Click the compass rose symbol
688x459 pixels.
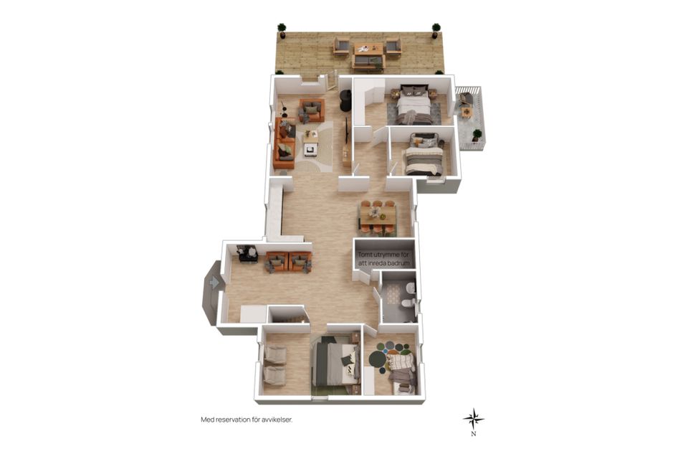click(x=474, y=419)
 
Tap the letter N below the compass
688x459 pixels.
click(x=474, y=434)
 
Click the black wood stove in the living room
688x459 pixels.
click(x=345, y=100)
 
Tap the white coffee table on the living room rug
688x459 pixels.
click(x=310, y=143)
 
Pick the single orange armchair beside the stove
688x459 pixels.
click(x=312, y=110)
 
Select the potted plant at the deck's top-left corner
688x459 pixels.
click(x=282, y=30)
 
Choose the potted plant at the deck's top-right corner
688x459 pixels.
click(x=436, y=30)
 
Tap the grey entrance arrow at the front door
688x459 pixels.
click(x=214, y=282)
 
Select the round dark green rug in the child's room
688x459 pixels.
click(x=377, y=360)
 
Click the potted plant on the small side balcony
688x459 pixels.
click(x=477, y=136)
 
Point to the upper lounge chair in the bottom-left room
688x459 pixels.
click(x=274, y=355)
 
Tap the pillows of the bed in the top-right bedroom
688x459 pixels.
click(x=415, y=93)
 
